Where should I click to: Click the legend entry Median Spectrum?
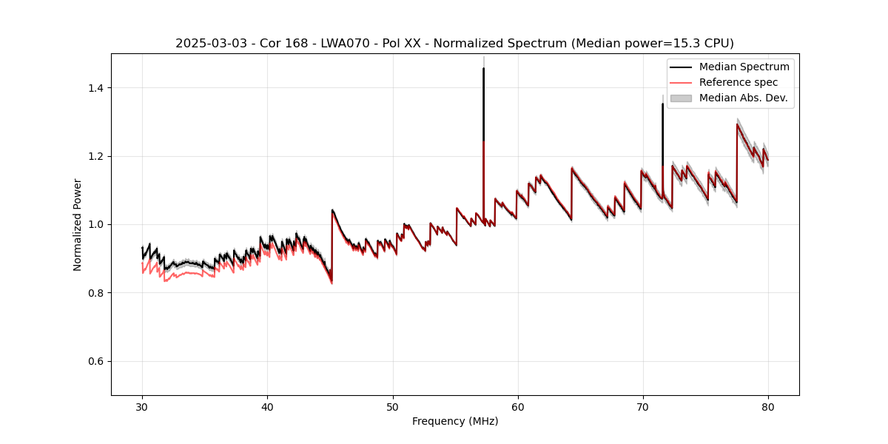pos(744,67)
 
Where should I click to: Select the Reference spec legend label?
pos(739,82)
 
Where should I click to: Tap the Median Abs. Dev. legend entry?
pos(743,98)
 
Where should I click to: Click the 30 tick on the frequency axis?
pos(142,406)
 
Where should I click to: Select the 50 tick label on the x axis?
pos(393,406)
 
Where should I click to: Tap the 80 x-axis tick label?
pos(768,406)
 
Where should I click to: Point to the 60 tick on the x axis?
pos(518,406)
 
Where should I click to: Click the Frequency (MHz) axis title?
pos(455,421)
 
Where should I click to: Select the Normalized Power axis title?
pos(78,224)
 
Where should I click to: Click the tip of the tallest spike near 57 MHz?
pos(483,68)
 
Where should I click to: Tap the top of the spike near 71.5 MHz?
pos(662,104)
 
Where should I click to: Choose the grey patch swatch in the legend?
pos(681,98)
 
